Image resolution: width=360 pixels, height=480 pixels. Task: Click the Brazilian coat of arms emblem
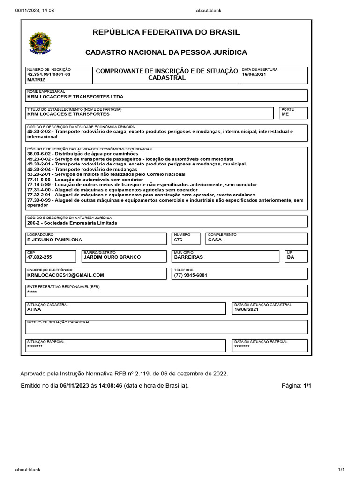tap(41, 43)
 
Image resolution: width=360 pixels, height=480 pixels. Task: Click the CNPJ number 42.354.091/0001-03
tap(49, 75)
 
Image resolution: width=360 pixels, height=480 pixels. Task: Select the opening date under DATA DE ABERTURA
tap(254, 75)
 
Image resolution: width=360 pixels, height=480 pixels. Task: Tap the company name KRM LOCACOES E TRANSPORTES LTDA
tap(75, 97)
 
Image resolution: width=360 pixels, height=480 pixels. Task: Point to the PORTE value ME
tap(285, 114)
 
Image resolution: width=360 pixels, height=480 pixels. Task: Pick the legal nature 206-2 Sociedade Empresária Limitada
tap(72, 223)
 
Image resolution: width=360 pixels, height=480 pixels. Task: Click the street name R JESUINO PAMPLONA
tap(54, 240)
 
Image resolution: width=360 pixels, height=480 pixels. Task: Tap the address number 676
tap(178, 240)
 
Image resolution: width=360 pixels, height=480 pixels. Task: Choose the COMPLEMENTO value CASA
tap(215, 240)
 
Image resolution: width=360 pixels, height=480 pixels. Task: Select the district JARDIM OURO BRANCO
tap(112, 257)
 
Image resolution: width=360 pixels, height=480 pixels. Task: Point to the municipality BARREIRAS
tap(188, 257)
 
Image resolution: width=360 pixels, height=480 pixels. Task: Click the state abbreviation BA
tap(291, 257)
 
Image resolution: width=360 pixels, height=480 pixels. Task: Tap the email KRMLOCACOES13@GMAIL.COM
tap(66, 275)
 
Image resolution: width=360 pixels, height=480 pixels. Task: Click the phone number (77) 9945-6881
tap(190, 275)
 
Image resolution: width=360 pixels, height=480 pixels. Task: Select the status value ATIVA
tap(34, 309)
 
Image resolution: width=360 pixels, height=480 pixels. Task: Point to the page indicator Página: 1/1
tap(296, 385)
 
